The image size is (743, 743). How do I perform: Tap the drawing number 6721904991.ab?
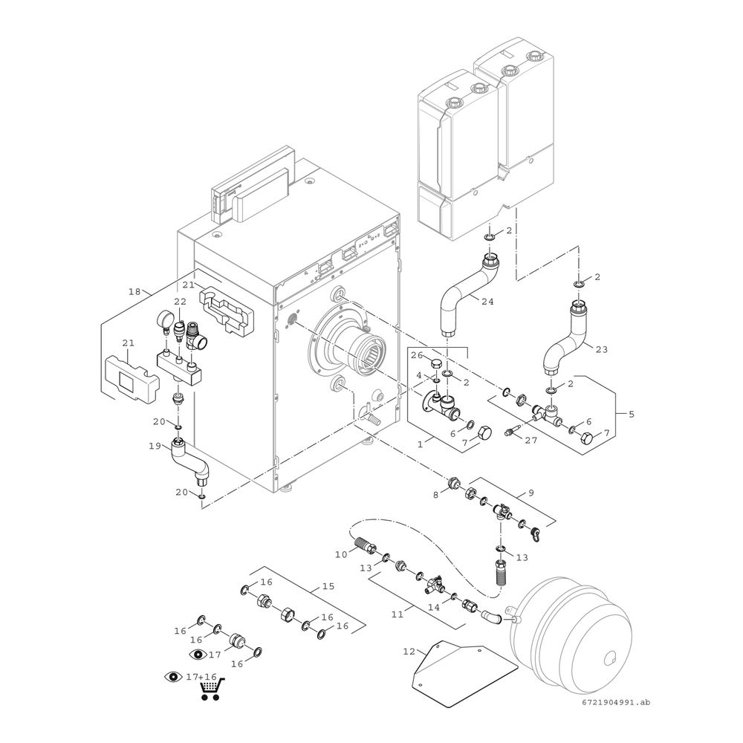[616, 702]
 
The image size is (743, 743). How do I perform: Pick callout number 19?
[155, 447]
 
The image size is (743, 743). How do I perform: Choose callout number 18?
[134, 292]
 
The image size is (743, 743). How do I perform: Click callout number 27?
[530, 439]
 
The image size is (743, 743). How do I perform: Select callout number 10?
[341, 554]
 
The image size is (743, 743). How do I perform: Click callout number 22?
[180, 302]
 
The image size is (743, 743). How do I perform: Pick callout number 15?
[327, 586]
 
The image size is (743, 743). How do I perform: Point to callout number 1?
[420, 444]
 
